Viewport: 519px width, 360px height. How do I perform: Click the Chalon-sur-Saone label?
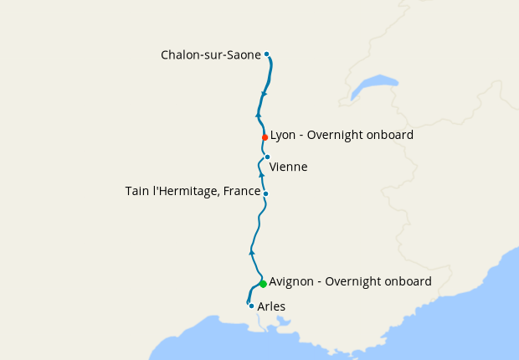click(x=211, y=55)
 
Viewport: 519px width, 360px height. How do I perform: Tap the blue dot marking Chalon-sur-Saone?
click(x=266, y=54)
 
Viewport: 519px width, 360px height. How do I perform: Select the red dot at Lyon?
click(x=265, y=137)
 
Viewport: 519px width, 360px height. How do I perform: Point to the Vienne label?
click(x=288, y=167)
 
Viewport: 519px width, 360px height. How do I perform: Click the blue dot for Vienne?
click(x=267, y=157)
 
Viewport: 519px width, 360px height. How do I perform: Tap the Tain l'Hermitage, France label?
click(x=193, y=192)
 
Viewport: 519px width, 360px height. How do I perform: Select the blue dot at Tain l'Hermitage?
click(x=265, y=194)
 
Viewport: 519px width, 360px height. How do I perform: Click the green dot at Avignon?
click(x=263, y=284)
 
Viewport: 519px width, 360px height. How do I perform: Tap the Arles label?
click(x=271, y=306)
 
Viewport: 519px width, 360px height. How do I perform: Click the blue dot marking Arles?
click(x=251, y=306)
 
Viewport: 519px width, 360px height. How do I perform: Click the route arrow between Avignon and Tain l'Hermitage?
click(x=252, y=251)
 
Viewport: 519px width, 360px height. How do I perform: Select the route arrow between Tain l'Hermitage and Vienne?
click(x=261, y=174)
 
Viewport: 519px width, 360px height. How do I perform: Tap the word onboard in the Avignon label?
click(x=407, y=282)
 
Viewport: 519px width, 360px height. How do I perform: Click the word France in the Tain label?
click(x=242, y=192)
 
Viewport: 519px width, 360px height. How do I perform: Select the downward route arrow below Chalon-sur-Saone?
click(x=265, y=92)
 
